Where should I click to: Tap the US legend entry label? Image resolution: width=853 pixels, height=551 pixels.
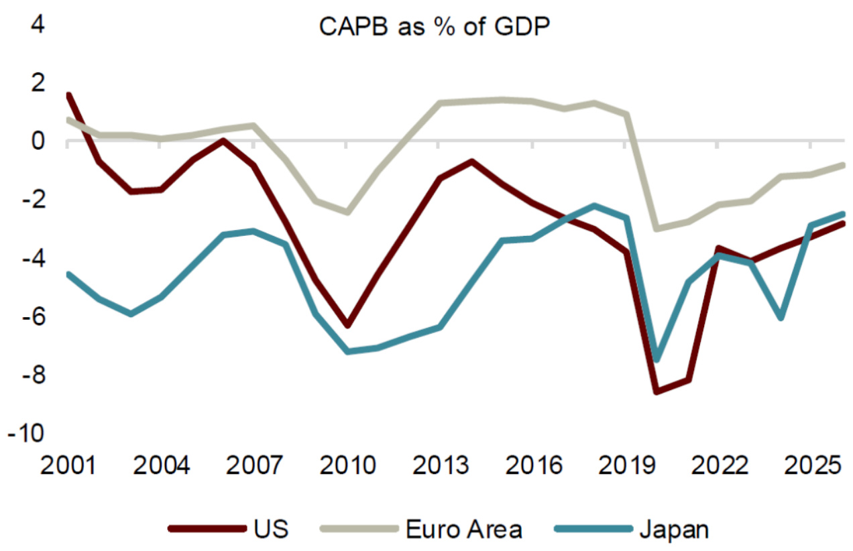272,529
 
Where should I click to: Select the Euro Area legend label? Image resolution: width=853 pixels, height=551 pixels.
464,529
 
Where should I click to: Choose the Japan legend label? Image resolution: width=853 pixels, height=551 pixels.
673,529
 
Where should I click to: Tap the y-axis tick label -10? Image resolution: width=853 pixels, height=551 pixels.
26,433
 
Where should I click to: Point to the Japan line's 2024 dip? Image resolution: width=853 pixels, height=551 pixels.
781,317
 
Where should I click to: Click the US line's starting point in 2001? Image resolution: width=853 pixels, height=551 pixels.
68,96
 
